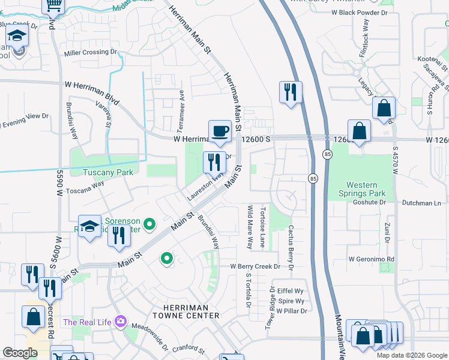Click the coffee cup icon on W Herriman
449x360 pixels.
220,131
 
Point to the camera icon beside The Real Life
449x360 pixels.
121,322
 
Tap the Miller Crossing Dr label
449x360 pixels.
90,53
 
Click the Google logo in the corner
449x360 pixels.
20,353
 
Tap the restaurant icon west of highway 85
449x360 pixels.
291,92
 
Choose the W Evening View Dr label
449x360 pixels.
24,120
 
